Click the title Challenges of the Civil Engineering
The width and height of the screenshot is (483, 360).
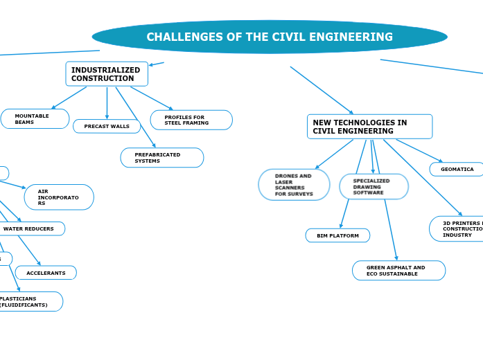pyautogui.click(x=270, y=37)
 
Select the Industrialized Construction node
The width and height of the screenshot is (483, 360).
pyautogui.click(x=107, y=74)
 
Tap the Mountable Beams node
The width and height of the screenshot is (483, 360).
pyautogui.click(x=35, y=119)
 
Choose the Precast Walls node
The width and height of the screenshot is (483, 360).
pyautogui.click(x=107, y=127)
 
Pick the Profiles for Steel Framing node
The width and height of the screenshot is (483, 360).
pyautogui.click(x=191, y=120)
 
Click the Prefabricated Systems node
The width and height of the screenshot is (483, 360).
pyautogui.click(x=162, y=158)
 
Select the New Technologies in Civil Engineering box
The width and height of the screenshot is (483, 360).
pyautogui.click(x=369, y=127)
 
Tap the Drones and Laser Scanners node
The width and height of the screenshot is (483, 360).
pyautogui.click(x=294, y=185)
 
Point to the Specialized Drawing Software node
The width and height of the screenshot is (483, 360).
pyautogui.click(x=374, y=187)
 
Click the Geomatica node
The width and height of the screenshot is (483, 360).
pyautogui.click(x=457, y=169)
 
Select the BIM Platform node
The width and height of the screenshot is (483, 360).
pyautogui.click(x=337, y=235)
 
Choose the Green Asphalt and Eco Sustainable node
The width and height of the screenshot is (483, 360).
pyautogui.click(x=398, y=271)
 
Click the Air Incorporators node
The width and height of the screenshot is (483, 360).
pyautogui.click(x=59, y=197)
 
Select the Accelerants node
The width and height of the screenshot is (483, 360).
pyautogui.click(x=46, y=273)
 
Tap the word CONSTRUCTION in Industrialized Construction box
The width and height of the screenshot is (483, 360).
pyautogui.click(x=103, y=79)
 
